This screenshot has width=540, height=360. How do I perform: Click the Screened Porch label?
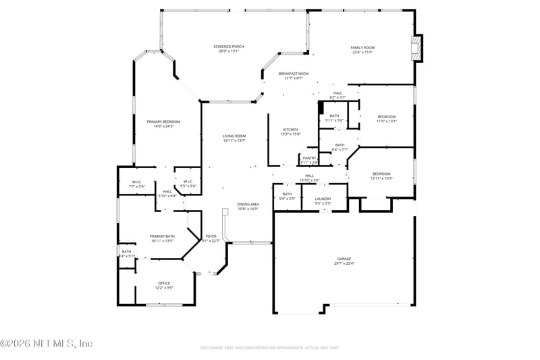point(229,47)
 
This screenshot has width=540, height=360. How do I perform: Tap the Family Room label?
point(362,47)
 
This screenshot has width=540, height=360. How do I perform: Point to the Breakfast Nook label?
point(294,74)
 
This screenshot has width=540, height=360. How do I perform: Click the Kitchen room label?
point(290,129)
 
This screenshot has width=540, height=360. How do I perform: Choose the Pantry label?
point(309,158)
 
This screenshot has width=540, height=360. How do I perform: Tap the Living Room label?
point(234,136)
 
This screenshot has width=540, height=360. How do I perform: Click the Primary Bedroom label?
point(164,122)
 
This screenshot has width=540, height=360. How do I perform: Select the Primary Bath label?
point(162,236)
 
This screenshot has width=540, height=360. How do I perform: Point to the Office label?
point(164,283)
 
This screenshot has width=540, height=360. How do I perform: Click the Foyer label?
point(211,236)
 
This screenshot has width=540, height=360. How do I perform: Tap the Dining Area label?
point(248,204)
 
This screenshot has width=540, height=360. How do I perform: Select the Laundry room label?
point(323,199)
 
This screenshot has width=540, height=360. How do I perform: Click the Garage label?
point(344,259)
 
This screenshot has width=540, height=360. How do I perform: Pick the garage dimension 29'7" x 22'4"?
point(344,263)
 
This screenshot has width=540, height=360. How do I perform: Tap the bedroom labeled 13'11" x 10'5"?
point(381,174)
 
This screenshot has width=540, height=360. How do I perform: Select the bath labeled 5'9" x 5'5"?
point(287,199)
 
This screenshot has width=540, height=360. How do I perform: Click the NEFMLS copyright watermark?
point(47,343)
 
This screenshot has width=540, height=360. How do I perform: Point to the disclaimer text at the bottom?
point(270,347)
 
